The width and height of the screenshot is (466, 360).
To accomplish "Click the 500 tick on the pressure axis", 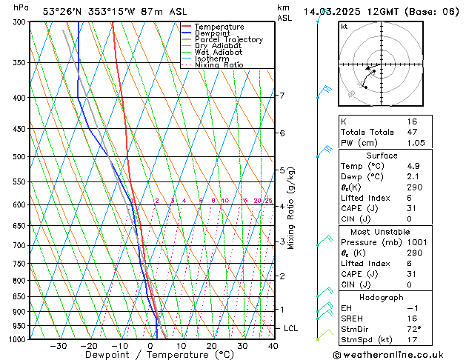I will (x=20, y=157).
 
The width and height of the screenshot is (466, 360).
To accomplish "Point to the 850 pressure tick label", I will (x=20, y=296).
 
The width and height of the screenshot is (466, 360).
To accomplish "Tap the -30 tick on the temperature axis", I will (x=59, y=346).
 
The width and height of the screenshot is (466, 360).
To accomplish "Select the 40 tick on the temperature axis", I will (x=273, y=346).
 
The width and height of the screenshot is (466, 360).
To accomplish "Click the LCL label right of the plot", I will (x=291, y=328).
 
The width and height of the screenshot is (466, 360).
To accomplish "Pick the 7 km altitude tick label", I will (x=282, y=96).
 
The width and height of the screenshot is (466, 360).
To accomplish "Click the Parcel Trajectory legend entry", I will (x=228, y=40).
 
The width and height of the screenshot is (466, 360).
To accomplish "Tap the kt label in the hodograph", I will (x=344, y=26).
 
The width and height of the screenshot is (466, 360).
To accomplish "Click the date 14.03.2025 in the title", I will (x=330, y=11).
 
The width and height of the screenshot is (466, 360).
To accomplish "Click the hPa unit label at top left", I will (x=21, y=7).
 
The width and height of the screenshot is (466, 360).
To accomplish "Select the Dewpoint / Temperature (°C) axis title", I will (x=150, y=356).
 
